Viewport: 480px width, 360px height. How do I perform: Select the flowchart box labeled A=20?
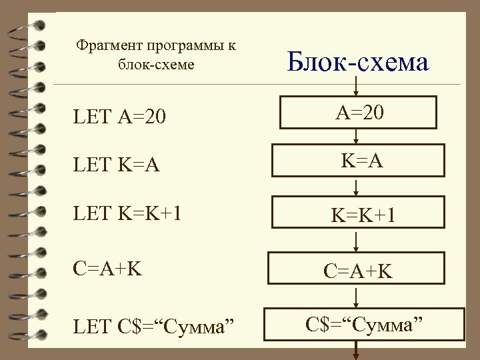(x=359, y=114)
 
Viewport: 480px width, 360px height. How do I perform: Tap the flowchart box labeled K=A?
(x=359, y=161)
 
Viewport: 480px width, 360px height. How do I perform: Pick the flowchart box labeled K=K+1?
(x=359, y=215)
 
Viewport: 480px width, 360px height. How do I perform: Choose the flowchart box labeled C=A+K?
(x=359, y=271)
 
